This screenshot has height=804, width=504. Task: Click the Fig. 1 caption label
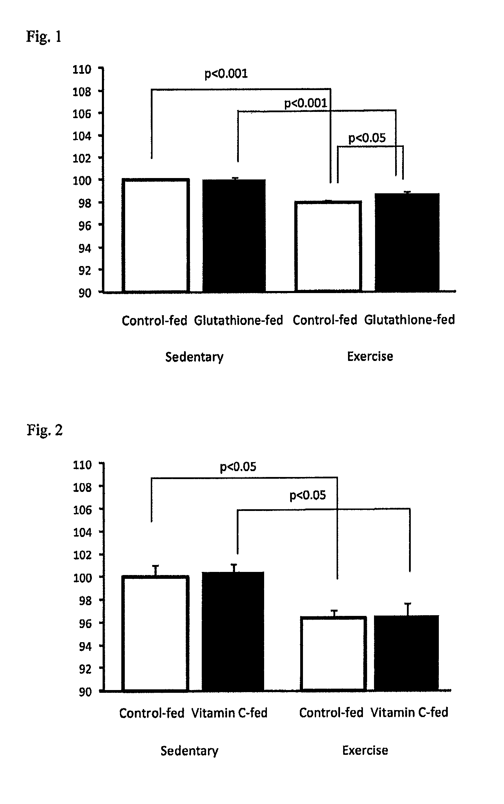[44, 36]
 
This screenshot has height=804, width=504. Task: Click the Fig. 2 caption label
[45, 430]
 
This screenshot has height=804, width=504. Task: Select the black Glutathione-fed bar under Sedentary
[234, 235]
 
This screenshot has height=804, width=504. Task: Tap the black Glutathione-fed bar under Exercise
[407, 242]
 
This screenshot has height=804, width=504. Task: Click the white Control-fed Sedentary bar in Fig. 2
[156, 633]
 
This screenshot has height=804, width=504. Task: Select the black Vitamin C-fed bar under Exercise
[407, 653]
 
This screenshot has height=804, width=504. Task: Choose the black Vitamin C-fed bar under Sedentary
[233, 631]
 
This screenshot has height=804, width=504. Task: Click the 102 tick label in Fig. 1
[82, 158]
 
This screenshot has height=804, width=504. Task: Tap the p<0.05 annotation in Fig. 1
[367, 138]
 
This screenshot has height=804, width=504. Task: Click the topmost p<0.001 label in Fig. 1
[226, 74]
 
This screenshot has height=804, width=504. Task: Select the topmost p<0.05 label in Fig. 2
[238, 467]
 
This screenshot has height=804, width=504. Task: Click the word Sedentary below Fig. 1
[194, 357]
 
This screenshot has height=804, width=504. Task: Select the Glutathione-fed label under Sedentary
[238, 320]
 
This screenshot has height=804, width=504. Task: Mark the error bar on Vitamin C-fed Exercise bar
[408, 609]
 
